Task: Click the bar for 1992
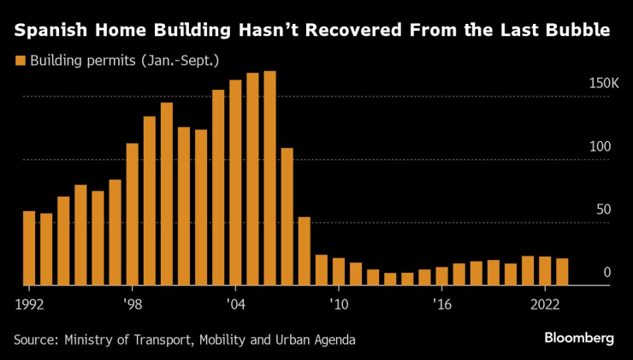coord(29,248)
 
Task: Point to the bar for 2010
coord(339,271)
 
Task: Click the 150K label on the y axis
coord(603,84)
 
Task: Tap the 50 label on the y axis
coord(602,210)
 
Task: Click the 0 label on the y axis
coord(606,273)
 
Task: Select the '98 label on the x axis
coord(133,304)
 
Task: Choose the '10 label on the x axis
coord(339,304)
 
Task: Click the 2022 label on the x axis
coord(545,304)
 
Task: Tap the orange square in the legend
coord(20,61)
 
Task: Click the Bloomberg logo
coord(579,339)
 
